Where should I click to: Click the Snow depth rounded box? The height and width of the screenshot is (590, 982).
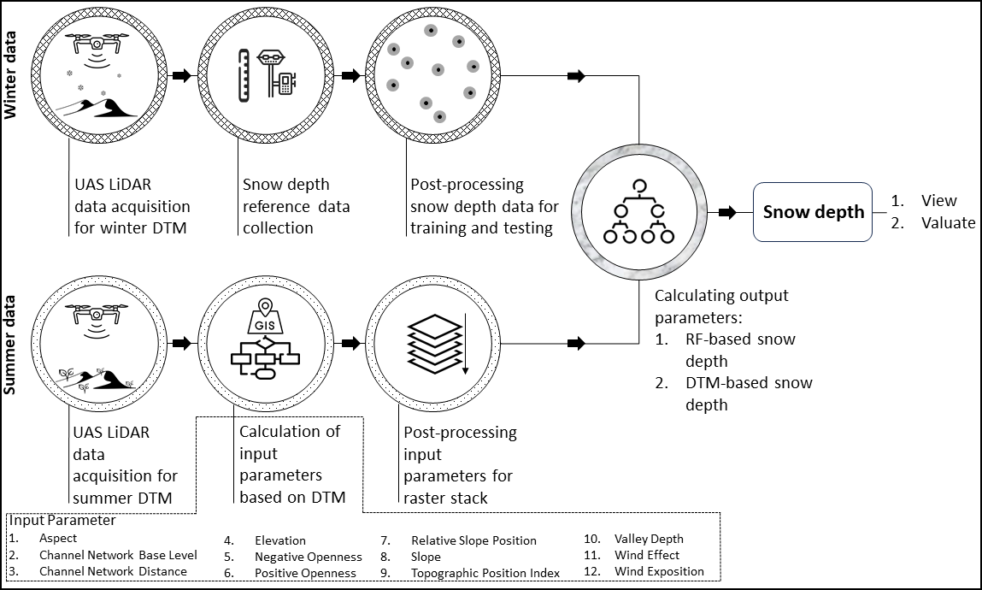click(x=812, y=211)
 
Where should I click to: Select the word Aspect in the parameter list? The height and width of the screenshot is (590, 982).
click(x=58, y=539)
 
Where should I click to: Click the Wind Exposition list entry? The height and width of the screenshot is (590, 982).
click(x=659, y=571)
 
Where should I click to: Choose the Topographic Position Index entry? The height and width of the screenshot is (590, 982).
click(x=485, y=572)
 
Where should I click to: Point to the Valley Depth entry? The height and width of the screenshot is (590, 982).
click(x=649, y=539)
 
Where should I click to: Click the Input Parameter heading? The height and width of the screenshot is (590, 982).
click(x=63, y=520)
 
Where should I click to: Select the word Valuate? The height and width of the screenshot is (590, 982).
click(x=948, y=222)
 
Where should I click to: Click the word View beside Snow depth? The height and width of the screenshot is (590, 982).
click(x=938, y=201)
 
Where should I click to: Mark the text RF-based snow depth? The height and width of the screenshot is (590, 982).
click(x=740, y=350)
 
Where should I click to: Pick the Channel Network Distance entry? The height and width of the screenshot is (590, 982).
click(x=113, y=571)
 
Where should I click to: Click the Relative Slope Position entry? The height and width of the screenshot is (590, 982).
click(x=473, y=540)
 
